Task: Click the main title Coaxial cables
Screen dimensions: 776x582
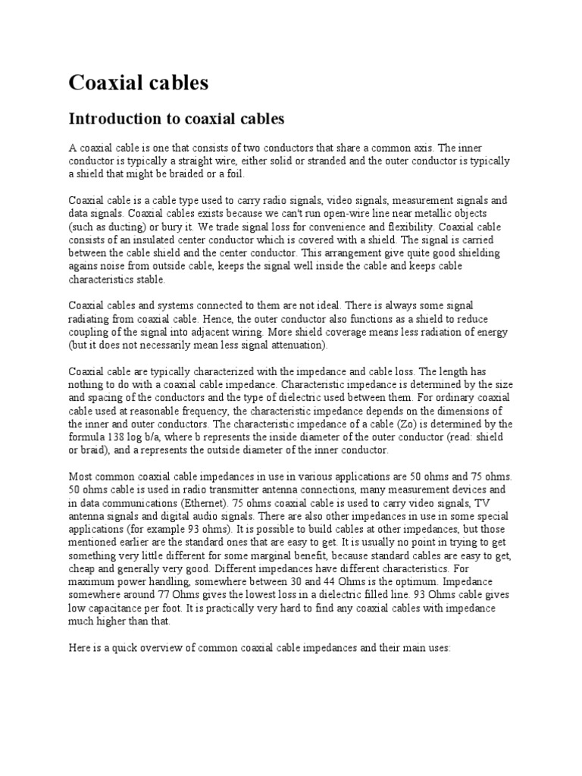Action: tap(138, 83)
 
